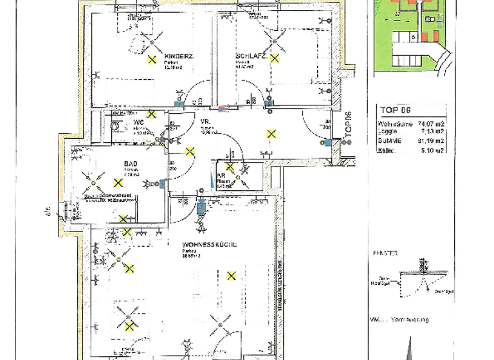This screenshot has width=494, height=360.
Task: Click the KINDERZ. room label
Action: click(175, 55)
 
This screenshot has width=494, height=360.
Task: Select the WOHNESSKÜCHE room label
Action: click(210, 244)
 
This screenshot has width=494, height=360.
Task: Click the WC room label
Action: click(138, 123)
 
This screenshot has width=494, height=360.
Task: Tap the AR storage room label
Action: click(220, 175)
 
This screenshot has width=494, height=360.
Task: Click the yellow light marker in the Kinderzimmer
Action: click(152, 60)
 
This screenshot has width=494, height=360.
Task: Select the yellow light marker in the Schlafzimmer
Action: click(275, 59)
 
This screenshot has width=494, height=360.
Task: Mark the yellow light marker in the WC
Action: click(151, 114)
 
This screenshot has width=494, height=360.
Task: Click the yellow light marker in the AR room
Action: click(230, 167)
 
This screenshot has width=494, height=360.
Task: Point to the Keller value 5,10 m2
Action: click(430, 151)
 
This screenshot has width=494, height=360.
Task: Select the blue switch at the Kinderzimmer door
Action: click(179, 104)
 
